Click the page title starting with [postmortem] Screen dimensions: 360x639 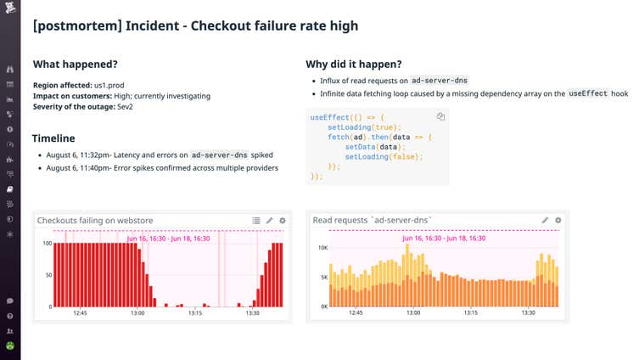[x=195, y=26]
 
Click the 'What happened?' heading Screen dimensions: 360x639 [x=75, y=65]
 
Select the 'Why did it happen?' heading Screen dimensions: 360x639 [x=353, y=65]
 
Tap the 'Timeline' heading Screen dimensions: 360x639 [x=53, y=138]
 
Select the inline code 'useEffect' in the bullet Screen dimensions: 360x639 [x=588, y=93]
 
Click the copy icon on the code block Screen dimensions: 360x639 [x=440, y=116]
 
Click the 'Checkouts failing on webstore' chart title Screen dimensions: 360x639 [x=95, y=220]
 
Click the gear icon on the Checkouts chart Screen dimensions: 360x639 [x=283, y=220]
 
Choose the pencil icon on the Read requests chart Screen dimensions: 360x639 [x=546, y=220]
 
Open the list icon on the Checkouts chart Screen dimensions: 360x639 [x=256, y=220]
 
